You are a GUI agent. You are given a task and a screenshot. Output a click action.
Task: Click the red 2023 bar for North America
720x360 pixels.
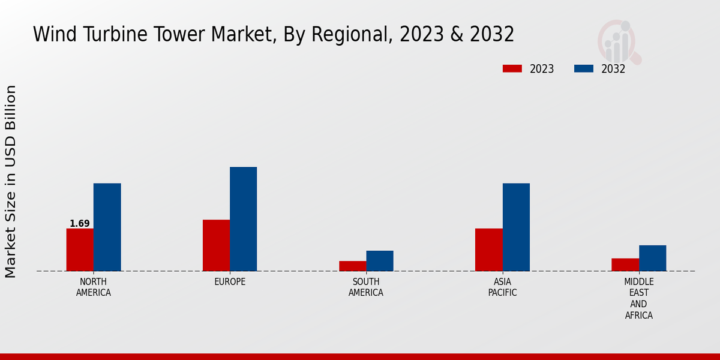[80, 250]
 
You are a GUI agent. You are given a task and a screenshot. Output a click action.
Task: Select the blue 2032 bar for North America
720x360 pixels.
[107, 227]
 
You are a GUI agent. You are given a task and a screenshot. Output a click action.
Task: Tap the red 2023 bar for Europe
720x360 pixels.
[216, 245]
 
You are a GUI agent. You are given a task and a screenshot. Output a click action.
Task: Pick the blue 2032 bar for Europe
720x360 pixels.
[243, 219]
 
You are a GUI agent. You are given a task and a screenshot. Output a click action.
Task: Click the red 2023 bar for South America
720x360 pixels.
[352, 266]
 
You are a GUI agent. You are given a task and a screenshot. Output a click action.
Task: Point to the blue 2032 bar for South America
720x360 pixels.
[380, 261]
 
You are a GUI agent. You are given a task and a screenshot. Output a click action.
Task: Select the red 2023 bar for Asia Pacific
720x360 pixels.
[488, 250]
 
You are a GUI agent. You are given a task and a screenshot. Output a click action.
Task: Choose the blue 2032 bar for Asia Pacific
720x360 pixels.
[516, 227]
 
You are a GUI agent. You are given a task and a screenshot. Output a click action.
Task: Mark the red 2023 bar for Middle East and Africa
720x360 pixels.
[625, 265]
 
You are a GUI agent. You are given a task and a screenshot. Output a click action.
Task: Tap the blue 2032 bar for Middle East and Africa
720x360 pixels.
[652, 258]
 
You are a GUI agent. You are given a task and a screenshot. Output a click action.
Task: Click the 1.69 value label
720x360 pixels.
[80, 224]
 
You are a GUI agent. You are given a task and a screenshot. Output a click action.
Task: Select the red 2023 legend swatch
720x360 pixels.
[512, 69]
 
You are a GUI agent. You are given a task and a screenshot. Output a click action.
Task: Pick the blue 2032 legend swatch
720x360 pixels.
[584, 69]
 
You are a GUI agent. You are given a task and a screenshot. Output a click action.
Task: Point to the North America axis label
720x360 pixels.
[94, 287]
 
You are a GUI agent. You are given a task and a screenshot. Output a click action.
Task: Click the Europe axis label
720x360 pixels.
[230, 282]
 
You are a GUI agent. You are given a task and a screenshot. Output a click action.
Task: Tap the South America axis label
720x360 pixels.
[366, 287]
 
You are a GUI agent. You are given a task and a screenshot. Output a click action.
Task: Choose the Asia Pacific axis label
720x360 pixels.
[502, 287]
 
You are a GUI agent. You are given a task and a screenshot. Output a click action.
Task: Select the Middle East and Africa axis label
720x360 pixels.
[639, 299]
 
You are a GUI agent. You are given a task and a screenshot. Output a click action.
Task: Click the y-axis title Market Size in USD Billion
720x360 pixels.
[11, 181]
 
